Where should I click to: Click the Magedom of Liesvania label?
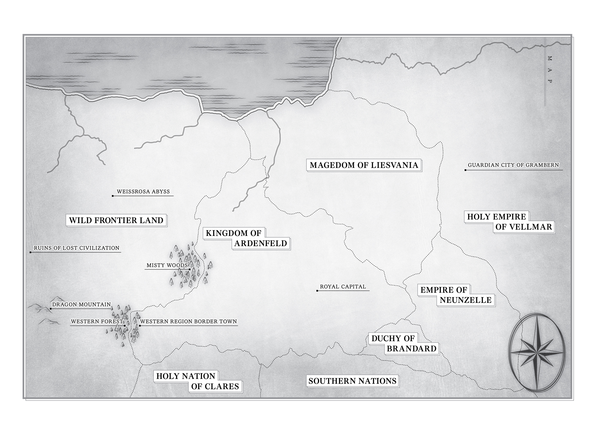(364, 165)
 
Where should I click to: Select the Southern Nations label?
(352, 381)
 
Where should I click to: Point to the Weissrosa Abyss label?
(143, 192)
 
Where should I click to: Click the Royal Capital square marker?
(317, 291)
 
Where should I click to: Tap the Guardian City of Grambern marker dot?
(465, 170)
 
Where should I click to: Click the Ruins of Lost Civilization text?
(77, 248)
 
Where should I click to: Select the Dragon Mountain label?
(82, 305)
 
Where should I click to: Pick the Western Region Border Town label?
(188, 321)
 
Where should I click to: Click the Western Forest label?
(97, 321)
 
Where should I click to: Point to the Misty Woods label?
(167, 265)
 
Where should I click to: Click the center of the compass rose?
(537, 353)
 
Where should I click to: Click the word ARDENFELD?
(261, 243)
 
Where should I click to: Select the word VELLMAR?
(524, 227)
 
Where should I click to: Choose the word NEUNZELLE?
(466, 300)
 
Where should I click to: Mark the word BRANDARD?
(412, 348)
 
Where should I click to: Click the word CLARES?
(215, 386)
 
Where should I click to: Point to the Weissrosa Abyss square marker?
(113, 196)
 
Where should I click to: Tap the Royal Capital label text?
(343, 287)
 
